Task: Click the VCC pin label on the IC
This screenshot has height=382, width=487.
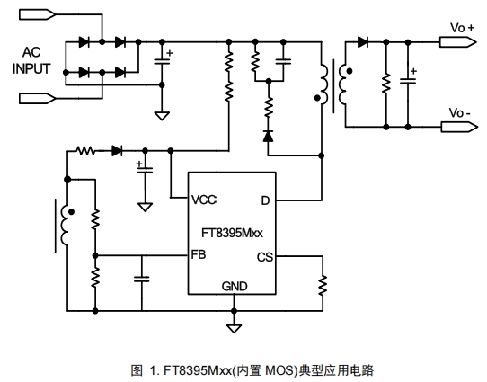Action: coord(204,200)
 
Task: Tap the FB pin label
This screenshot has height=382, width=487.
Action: coord(199,254)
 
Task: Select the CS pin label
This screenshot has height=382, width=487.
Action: coord(265,257)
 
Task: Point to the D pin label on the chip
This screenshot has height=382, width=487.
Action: coord(265,200)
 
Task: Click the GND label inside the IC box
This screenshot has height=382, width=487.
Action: coord(235,286)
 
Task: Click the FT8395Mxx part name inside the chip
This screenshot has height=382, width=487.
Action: coord(232,233)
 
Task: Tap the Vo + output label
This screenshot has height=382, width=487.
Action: coord(462,28)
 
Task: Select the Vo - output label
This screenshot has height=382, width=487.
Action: coord(460,112)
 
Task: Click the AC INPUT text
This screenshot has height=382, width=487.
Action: coord(31,60)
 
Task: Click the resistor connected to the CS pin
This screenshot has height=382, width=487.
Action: coord(323,284)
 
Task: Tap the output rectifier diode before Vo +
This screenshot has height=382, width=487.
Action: coord(363,41)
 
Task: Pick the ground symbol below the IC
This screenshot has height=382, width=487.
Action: coord(234,328)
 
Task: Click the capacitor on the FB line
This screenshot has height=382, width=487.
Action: coord(142,279)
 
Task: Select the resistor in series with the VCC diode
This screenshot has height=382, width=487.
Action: coord(85,151)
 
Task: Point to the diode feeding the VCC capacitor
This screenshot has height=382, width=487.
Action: coord(117,151)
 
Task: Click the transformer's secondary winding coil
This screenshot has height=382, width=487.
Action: coord(342,84)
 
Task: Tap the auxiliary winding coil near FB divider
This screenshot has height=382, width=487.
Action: coord(65,226)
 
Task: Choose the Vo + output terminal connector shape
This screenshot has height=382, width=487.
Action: coord(458,42)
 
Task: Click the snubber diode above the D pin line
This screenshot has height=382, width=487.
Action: coord(268,136)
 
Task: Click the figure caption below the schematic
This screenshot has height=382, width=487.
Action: coord(252,370)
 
